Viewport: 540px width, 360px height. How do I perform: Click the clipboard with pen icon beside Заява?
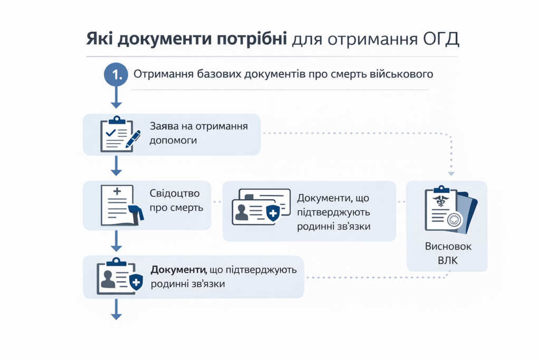tap(120, 134)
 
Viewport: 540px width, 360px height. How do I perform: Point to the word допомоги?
tap(173, 141)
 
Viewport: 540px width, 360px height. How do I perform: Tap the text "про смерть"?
tap(176, 207)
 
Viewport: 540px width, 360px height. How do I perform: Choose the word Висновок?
tap(447, 247)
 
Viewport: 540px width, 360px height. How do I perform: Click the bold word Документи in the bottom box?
tap(178, 270)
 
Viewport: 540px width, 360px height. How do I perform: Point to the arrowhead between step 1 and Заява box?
tap(116, 105)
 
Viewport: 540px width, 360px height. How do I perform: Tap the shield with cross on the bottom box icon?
tap(136, 283)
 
